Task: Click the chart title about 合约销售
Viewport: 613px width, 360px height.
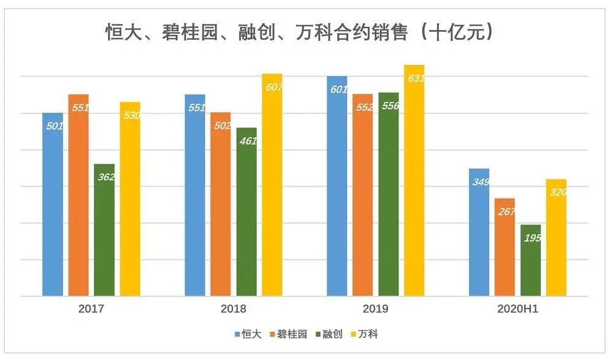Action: click(300, 32)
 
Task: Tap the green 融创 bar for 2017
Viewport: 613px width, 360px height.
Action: click(104, 230)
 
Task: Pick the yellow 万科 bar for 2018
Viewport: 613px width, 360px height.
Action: click(272, 185)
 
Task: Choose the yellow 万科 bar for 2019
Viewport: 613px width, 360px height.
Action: click(414, 180)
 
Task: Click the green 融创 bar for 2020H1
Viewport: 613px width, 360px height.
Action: click(531, 260)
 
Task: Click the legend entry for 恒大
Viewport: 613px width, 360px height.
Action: click(248, 334)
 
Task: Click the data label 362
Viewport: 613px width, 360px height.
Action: click(105, 177)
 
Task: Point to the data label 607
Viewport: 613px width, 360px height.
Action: click(274, 87)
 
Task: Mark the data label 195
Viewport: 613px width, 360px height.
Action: click(532, 238)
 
